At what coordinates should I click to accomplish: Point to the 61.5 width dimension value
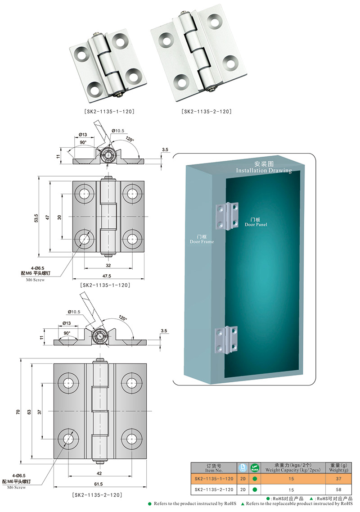[x=98, y=484]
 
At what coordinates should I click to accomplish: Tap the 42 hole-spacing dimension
[x=99, y=473]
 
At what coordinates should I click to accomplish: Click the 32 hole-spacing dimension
[x=108, y=266]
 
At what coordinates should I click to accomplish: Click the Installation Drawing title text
[x=264, y=168]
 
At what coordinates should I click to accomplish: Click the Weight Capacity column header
[x=291, y=468]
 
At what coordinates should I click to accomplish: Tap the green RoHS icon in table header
[x=254, y=468]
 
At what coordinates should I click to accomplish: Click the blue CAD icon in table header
[x=242, y=468]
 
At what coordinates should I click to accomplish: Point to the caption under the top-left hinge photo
[x=109, y=111]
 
